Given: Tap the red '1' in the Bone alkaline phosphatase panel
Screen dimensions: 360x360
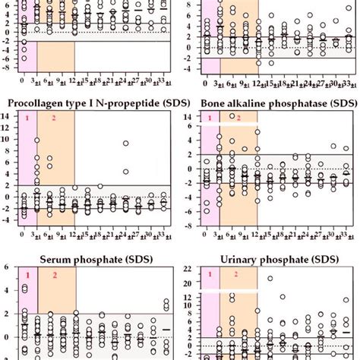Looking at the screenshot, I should (208, 118).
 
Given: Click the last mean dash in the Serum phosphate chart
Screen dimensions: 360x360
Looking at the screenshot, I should (166, 329).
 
